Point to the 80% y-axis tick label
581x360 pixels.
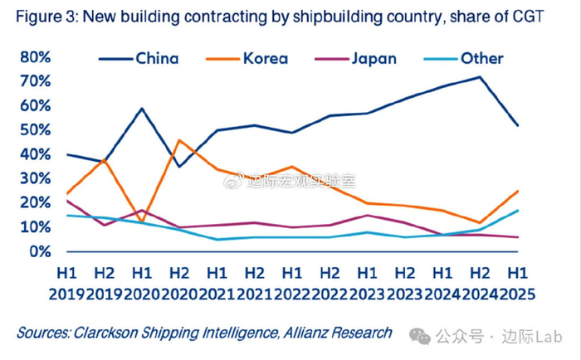[34, 57]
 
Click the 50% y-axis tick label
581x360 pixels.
[34, 129]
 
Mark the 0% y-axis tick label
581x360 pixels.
[38, 251]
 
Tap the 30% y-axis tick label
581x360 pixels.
[34, 178]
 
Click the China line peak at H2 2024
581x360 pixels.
[479, 77]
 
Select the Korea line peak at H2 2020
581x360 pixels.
[180, 140]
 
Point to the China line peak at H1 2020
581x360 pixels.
[143, 109]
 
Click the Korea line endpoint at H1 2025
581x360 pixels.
[517, 191]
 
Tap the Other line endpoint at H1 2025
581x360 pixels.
[517, 210]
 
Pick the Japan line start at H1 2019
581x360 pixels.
[67, 201]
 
